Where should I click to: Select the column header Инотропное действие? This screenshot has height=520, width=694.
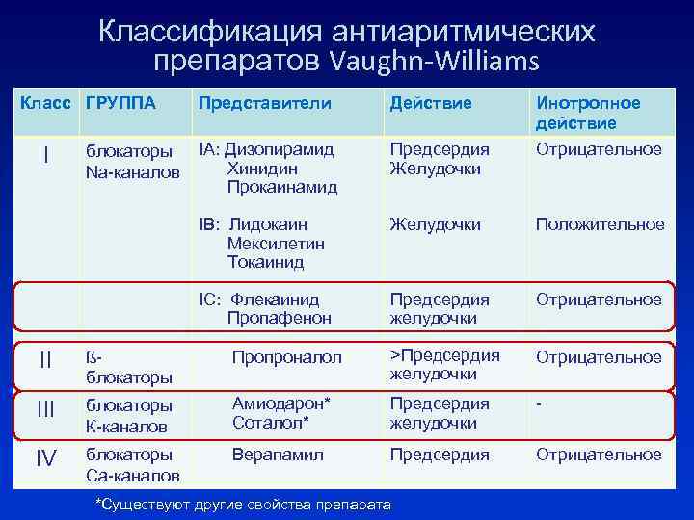pyautogui.click(x=588, y=113)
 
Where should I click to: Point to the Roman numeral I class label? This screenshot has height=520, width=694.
pyautogui.click(x=46, y=155)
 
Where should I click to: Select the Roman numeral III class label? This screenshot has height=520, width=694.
pyautogui.click(x=46, y=410)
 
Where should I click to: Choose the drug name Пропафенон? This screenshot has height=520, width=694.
pyautogui.click(x=279, y=318)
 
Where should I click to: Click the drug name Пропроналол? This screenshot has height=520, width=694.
pyautogui.click(x=286, y=357)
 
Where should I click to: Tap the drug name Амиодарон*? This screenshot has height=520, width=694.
pyautogui.click(x=280, y=404)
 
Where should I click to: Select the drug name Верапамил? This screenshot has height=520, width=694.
pyautogui.click(x=278, y=454)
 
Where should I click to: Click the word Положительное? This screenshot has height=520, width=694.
pyautogui.click(x=600, y=224)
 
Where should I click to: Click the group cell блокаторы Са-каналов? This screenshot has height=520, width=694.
pyautogui.click(x=132, y=464)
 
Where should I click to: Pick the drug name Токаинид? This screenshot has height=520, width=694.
pyautogui.click(x=265, y=262)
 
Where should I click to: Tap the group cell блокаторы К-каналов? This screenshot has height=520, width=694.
pyautogui.click(x=130, y=414)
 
